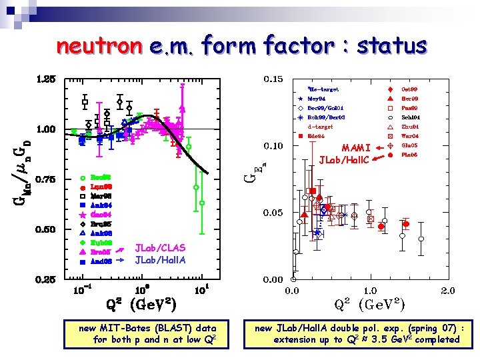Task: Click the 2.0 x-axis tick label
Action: [x=447, y=291]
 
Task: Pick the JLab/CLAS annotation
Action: [x=160, y=248]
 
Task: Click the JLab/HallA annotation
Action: [x=160, y=260]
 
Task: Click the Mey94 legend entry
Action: [x=316, y=98]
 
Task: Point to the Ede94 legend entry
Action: [x=316, y=135]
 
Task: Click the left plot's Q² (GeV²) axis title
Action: [x=141, y=306]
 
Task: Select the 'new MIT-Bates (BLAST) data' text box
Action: [x=147, y=333]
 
